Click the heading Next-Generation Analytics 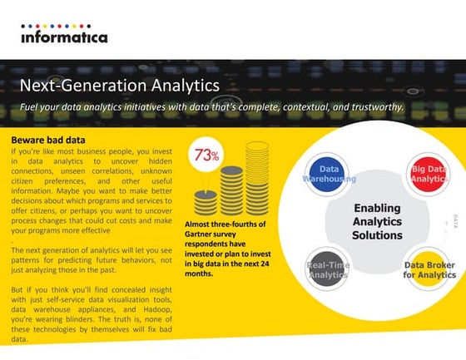pos(119,86)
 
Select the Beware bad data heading pos(50,141)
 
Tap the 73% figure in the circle pos(206,155)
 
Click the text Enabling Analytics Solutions pos(377,221)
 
